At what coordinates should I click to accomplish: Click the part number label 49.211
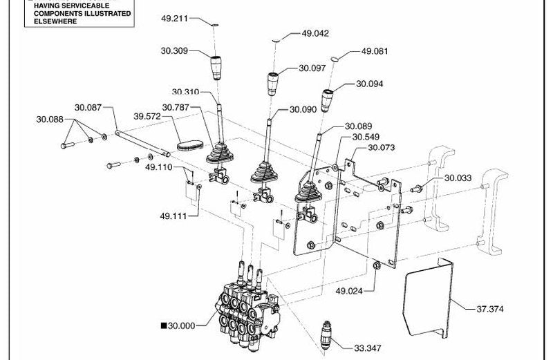click(x=174, y=19)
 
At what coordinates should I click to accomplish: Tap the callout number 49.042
click(x=315, y=33)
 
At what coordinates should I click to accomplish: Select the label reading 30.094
click(x=369, y=84)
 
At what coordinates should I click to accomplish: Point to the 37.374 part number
click(x=490, y=310)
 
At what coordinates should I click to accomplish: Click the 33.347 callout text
click(x=368, y=348)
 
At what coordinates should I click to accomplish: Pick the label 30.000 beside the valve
click(x=181, y=326)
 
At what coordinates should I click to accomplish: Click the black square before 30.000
click(x=164, y=325)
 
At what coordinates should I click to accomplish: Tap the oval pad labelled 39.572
click(x=189, y=145)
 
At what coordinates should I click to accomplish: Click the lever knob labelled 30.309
click(x=216, y=68)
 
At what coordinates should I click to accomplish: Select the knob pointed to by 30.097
click(x=272, y=84)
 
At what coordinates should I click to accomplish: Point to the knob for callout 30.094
click(x=327, y=100)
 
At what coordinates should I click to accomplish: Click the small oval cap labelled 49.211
click(x=215, y=25)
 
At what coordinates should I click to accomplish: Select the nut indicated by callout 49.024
click(x=376, y=265)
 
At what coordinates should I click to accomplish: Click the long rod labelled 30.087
click(x=143, y=143)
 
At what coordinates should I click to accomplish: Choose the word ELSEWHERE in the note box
click(x=55, y=21)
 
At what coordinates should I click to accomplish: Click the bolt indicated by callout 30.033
click(x=418, y=189)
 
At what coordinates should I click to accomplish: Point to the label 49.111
click(x=174, y=216)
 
